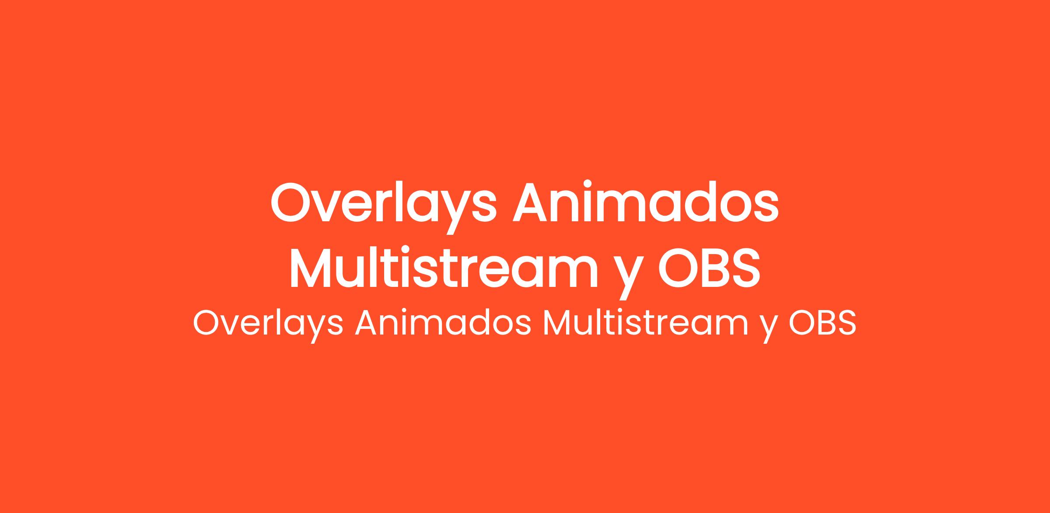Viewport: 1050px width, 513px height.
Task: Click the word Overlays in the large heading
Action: tap(383, 206)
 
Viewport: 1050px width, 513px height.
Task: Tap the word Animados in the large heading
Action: tap(646, 201)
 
